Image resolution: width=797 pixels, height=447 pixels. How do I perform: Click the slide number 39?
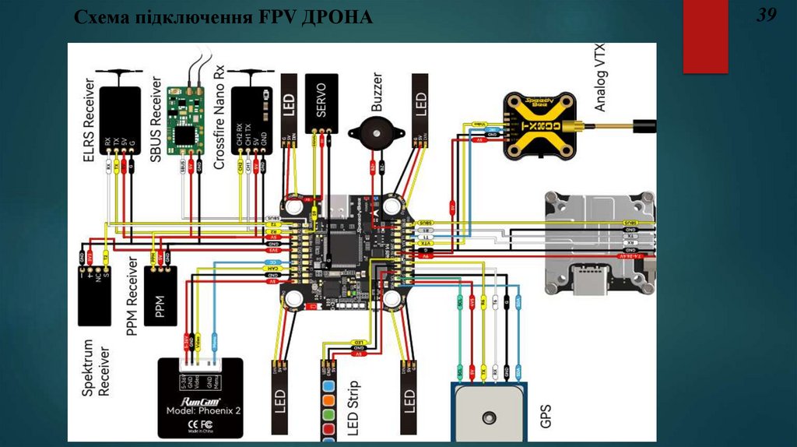coord(767,16)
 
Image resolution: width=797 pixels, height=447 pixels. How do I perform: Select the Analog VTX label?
coord(600,79)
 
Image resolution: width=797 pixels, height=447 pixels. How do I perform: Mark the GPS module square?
coord(489,414)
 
